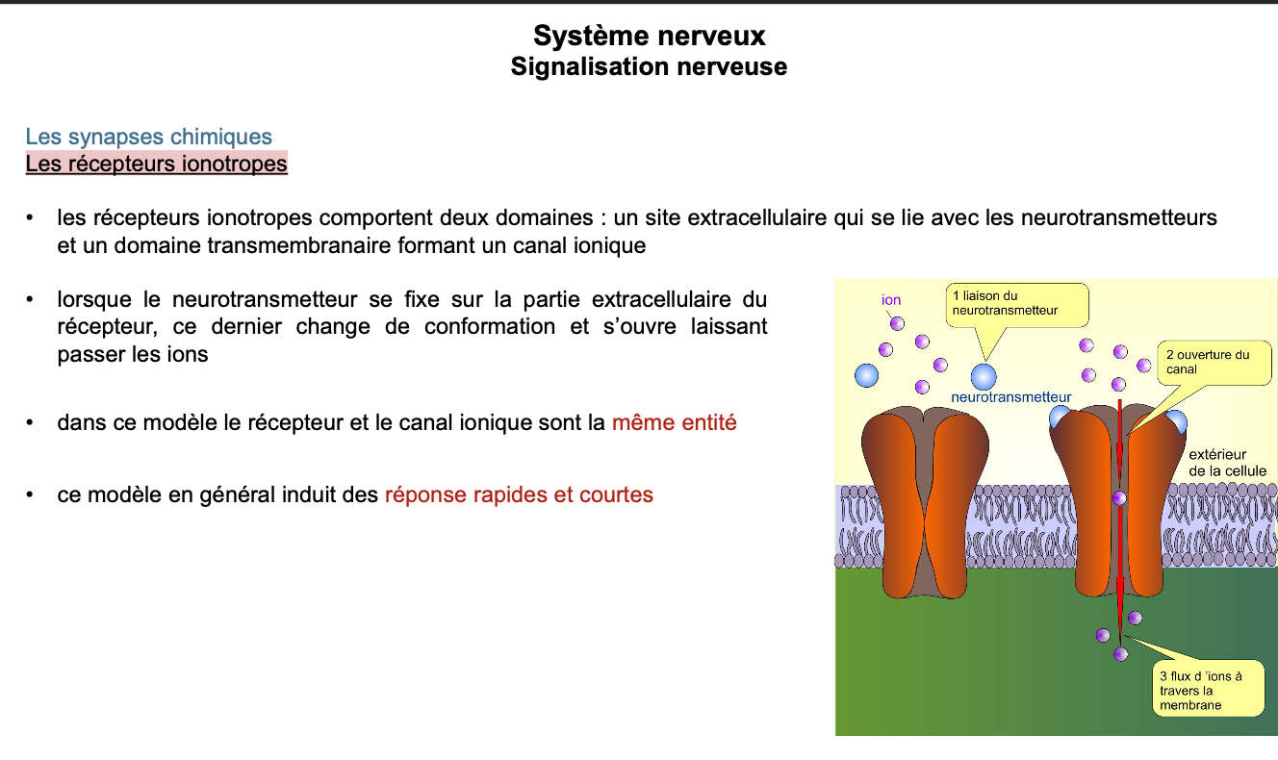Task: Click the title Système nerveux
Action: [x=649, y=36]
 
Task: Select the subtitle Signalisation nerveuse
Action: [x=649, y=66]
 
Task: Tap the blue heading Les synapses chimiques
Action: [x=148, y=137]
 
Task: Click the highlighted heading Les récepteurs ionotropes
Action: [x=156, y=164]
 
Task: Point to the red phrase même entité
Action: [x=674, y=422]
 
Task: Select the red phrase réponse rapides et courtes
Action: [x=519, y=495]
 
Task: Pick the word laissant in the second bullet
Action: [x=728, y=326]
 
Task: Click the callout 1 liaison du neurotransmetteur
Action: [x=1017, y=303]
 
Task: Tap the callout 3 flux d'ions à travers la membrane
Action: [x=1207, y=690]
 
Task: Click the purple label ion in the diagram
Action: [x=891, y=300]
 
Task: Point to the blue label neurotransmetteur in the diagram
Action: [x=1010, y=396]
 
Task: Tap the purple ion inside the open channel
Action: [x=1118, y=498]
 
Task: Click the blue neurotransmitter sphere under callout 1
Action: [x=984, y=376]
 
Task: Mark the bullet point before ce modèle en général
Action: [x=32, y=495]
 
